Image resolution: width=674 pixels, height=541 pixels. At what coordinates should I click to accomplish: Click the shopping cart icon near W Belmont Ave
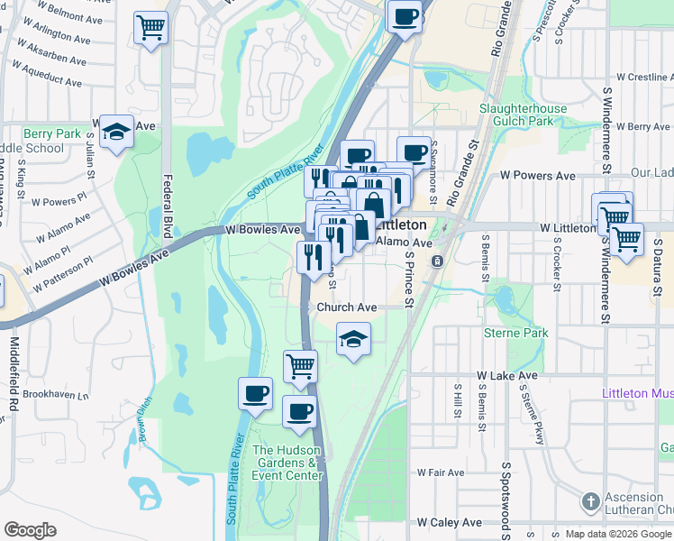150,26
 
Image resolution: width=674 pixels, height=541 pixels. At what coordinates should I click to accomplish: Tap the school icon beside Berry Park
116,133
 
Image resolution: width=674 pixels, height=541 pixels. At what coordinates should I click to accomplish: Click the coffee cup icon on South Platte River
255,394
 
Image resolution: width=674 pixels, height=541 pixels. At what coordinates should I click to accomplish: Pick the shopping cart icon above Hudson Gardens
300,366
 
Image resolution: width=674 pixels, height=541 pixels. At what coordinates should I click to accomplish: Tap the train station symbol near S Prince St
437,261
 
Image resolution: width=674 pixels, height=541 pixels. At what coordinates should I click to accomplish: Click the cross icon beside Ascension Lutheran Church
590,500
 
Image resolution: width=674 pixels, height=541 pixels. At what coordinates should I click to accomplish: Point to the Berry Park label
52,133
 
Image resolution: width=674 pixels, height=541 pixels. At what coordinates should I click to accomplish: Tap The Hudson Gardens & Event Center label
287,463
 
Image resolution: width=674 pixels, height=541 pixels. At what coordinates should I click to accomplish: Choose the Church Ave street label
346,307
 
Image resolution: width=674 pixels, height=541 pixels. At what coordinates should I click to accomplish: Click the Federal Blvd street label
166,194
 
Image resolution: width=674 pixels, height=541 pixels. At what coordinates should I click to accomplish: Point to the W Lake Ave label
507,375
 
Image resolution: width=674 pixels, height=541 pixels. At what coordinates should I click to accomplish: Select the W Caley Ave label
449,523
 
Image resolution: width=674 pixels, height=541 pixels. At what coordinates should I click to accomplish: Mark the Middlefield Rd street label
14,374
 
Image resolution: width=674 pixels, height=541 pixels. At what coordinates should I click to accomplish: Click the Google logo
30,529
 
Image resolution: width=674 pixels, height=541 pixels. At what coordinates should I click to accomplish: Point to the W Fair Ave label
441,472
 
